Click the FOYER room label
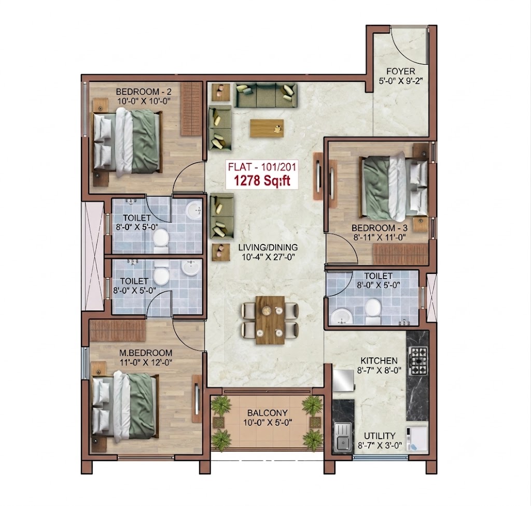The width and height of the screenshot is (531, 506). (x=401, y=71)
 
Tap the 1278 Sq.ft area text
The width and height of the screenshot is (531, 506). (x=262, y=181)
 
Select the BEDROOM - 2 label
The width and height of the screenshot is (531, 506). (x=144, y=92)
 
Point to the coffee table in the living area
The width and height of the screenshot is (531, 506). (x=267, y=128)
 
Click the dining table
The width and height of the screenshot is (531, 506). (x=270, y=320)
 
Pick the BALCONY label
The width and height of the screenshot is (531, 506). (x=267, y=413)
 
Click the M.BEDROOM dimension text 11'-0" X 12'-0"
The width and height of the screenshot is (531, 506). (x=146, y=362)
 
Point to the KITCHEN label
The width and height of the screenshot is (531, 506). (x=379, y=360)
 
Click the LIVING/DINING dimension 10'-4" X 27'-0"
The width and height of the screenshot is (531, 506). (x=269, y=257)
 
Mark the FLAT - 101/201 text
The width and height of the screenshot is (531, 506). (x=262, y=167)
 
